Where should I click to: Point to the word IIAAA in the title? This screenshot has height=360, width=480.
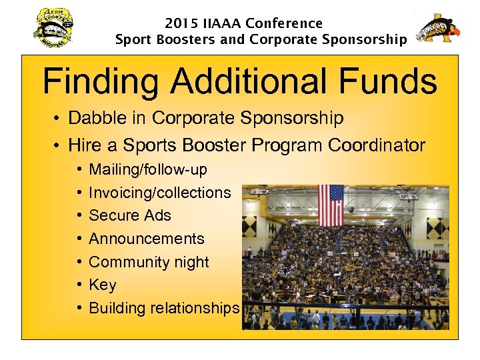pyautogui.click(x=220, y=23)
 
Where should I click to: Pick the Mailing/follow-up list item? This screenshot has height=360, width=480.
pyautogui.click(x=148, y=170)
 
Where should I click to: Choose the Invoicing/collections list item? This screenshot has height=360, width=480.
pyautogui.click(x=160, y=193)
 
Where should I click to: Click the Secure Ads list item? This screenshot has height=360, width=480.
pyautogui.click(x=130, y=215)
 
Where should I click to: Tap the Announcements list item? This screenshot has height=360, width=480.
pyautogui.click(x=147, y=239)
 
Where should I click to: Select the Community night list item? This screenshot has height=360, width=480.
pyautogui.click(x=149, y=262)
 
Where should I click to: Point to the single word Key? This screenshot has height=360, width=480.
pyautogui.click(x=103, y=285)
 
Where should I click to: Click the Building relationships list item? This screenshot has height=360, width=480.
pyautogui.click(x=164, y=308)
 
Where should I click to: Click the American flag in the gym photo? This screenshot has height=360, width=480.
pyautogui.click(x=331, y=205)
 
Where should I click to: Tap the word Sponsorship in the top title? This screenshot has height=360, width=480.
pyautogui.click(x=364, y=40)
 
